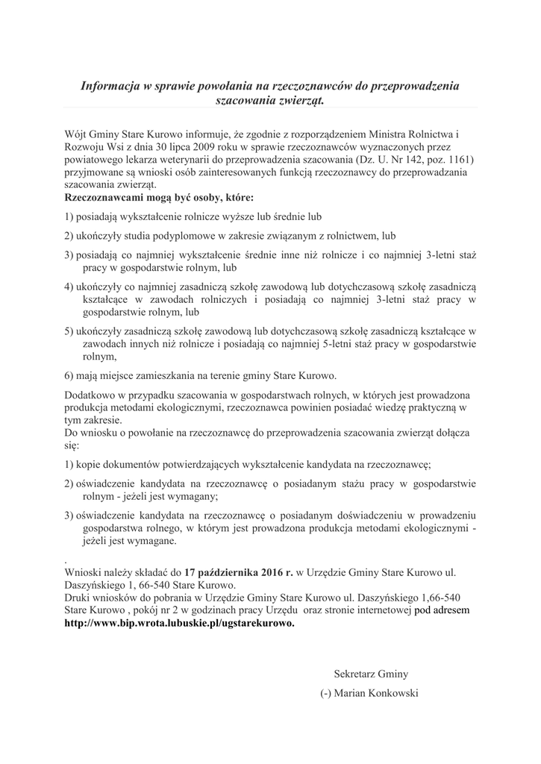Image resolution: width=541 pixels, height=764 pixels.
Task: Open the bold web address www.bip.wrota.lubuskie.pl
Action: tap(179, 624)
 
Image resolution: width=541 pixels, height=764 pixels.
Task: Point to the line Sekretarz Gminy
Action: tap(371, 673)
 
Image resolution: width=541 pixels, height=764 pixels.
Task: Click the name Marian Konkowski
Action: tap(377, 693)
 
